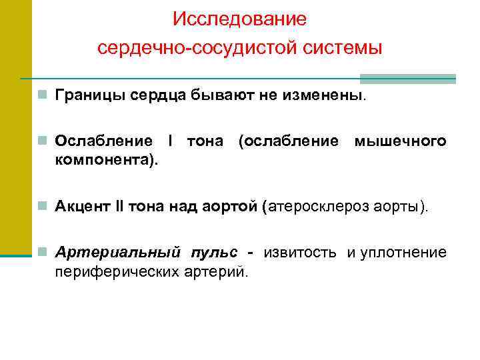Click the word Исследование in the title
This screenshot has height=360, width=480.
pos(239,19)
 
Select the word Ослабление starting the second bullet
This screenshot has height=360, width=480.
pos(103,141)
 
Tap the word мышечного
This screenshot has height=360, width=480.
pos(400,141)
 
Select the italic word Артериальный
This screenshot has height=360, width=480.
pos(118,253)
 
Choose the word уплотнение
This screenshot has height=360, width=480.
pos(403,253)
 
